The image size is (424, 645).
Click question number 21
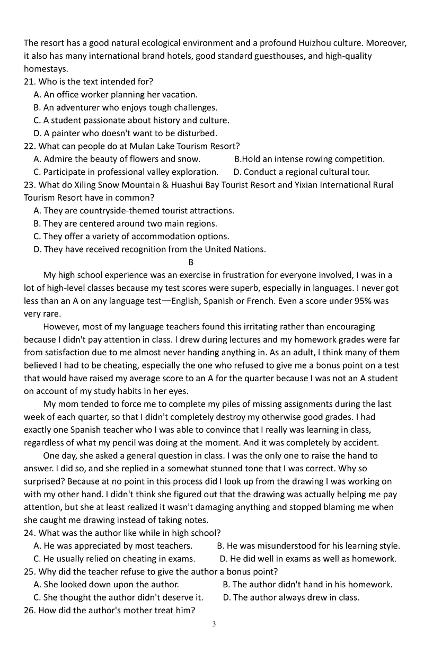(30, 82)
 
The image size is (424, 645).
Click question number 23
(30, 185)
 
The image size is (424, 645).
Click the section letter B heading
(191, 262)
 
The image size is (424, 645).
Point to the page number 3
(214, 624)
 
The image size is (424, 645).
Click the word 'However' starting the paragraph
(60, 327)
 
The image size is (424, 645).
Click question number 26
(30, 610)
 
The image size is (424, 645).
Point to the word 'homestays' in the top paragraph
(46, 69)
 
